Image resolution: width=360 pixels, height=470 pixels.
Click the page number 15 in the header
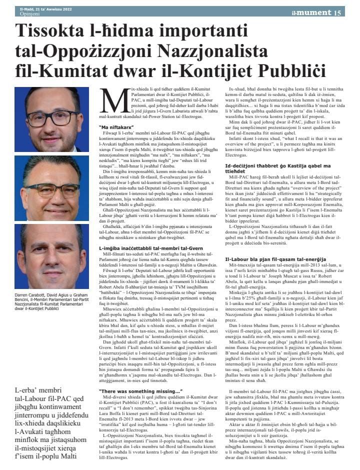click(x=339, y=12)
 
